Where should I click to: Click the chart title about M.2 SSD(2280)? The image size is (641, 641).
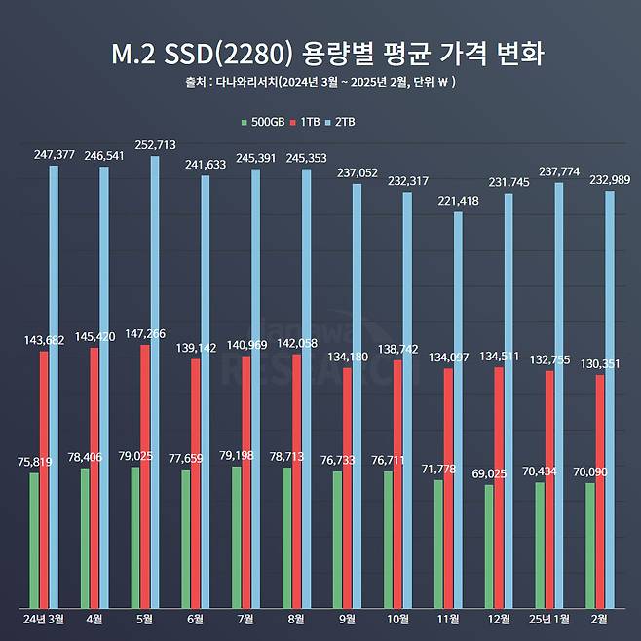[x=320, y=54]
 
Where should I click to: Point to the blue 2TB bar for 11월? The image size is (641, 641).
[x=458, y=409]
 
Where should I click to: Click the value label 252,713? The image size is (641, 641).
[x=156, y=145]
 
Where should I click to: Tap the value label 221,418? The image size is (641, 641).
[x=458, y=201]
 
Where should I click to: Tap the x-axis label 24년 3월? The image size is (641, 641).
[x=44, y=618]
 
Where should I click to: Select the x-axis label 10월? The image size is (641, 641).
[x=397, y=618]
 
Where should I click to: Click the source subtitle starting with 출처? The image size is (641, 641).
[x=320, y=83]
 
